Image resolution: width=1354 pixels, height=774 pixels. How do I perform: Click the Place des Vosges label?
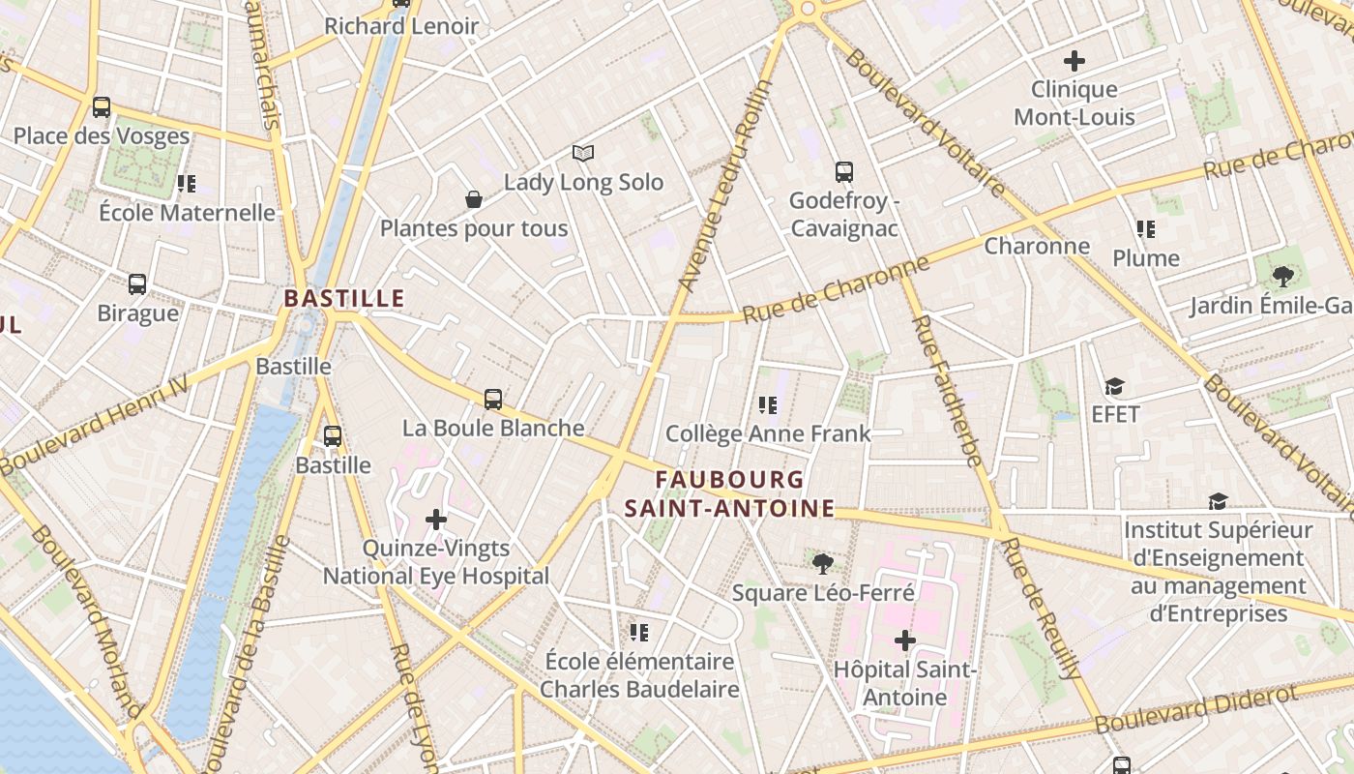click(x=102, y=135)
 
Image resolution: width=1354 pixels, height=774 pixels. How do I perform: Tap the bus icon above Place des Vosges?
click(x=102, y=107)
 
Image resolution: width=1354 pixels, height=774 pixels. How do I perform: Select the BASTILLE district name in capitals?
click(x=344, y=298)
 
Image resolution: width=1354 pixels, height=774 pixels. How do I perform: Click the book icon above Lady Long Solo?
click(x=582, y=153)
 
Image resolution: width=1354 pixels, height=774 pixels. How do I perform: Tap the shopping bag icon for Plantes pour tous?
click(x=474, y=199)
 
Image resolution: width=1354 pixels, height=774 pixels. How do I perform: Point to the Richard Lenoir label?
click(x=401, y=26)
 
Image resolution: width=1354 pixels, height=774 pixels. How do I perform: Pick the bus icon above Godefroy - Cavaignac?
click(x=844, y=172)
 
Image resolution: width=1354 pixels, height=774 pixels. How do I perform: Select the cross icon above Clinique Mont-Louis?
click(x=1074, y=61)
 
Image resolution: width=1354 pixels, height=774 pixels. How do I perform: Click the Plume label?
click(x=1146, y=258)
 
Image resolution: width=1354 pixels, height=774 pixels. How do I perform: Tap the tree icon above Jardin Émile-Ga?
click(x=1283, y=278)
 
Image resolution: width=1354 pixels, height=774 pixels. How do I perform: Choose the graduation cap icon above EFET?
click(x=1115, y=387)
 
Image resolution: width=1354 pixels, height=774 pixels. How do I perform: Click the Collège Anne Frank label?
click(x=769, y=433)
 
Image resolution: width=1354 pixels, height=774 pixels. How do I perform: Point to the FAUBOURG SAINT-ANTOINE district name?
click(x=729, y=493)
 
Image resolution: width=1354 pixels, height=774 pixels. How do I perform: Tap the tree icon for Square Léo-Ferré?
click(x=823, y=563)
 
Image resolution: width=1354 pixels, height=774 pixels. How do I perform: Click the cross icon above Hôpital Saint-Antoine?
click(x=905, y=640)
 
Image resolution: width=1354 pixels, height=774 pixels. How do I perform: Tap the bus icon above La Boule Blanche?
click(x=493, y=399)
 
